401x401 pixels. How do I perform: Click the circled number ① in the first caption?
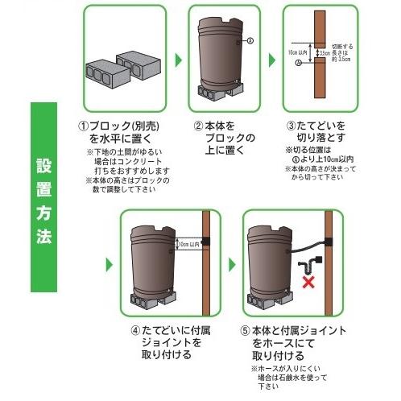(82, 127)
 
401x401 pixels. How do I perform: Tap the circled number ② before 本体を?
(197, 127)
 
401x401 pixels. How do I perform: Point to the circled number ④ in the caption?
(134, 330)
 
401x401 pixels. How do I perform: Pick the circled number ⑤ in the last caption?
(246, 330)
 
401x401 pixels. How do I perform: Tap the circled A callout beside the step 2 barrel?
(250, 41)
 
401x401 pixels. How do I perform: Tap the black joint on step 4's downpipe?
(205, 242)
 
